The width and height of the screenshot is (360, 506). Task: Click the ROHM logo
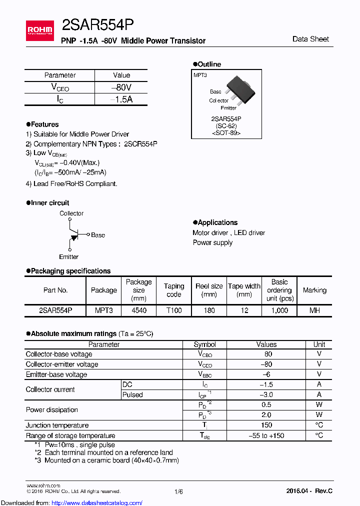(39, 30)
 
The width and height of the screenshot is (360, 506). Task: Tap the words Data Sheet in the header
(310, 39)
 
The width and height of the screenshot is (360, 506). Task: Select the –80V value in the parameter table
(121, 87)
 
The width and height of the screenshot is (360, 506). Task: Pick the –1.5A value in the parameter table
(121, 99)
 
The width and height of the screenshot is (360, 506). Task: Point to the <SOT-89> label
(226, 133)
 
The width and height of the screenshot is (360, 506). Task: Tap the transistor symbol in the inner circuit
(73, 234)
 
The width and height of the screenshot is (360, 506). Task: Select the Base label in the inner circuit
(98, 235)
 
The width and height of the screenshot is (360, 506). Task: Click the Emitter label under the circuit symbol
(69, 256)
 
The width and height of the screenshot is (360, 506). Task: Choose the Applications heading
(217, 222)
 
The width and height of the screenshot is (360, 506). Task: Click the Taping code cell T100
(174, 310)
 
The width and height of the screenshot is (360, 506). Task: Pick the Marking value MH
(314, 310)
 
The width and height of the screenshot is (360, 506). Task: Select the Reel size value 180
(209, 310)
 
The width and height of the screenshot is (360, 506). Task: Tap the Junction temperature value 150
(266, 425)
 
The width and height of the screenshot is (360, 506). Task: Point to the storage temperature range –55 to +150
(266, 435)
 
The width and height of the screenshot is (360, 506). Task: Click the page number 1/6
(178, 491)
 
